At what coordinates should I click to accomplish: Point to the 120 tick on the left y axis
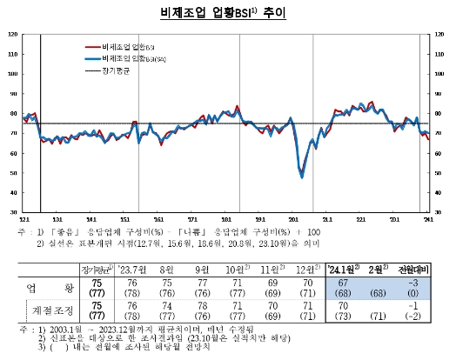(x=12, y=34)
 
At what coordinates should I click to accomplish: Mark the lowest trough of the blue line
(x=302, y=177)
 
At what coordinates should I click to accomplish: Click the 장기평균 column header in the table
(x=92, y=269)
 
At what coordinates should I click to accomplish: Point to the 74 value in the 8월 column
(x=168, y=306)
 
